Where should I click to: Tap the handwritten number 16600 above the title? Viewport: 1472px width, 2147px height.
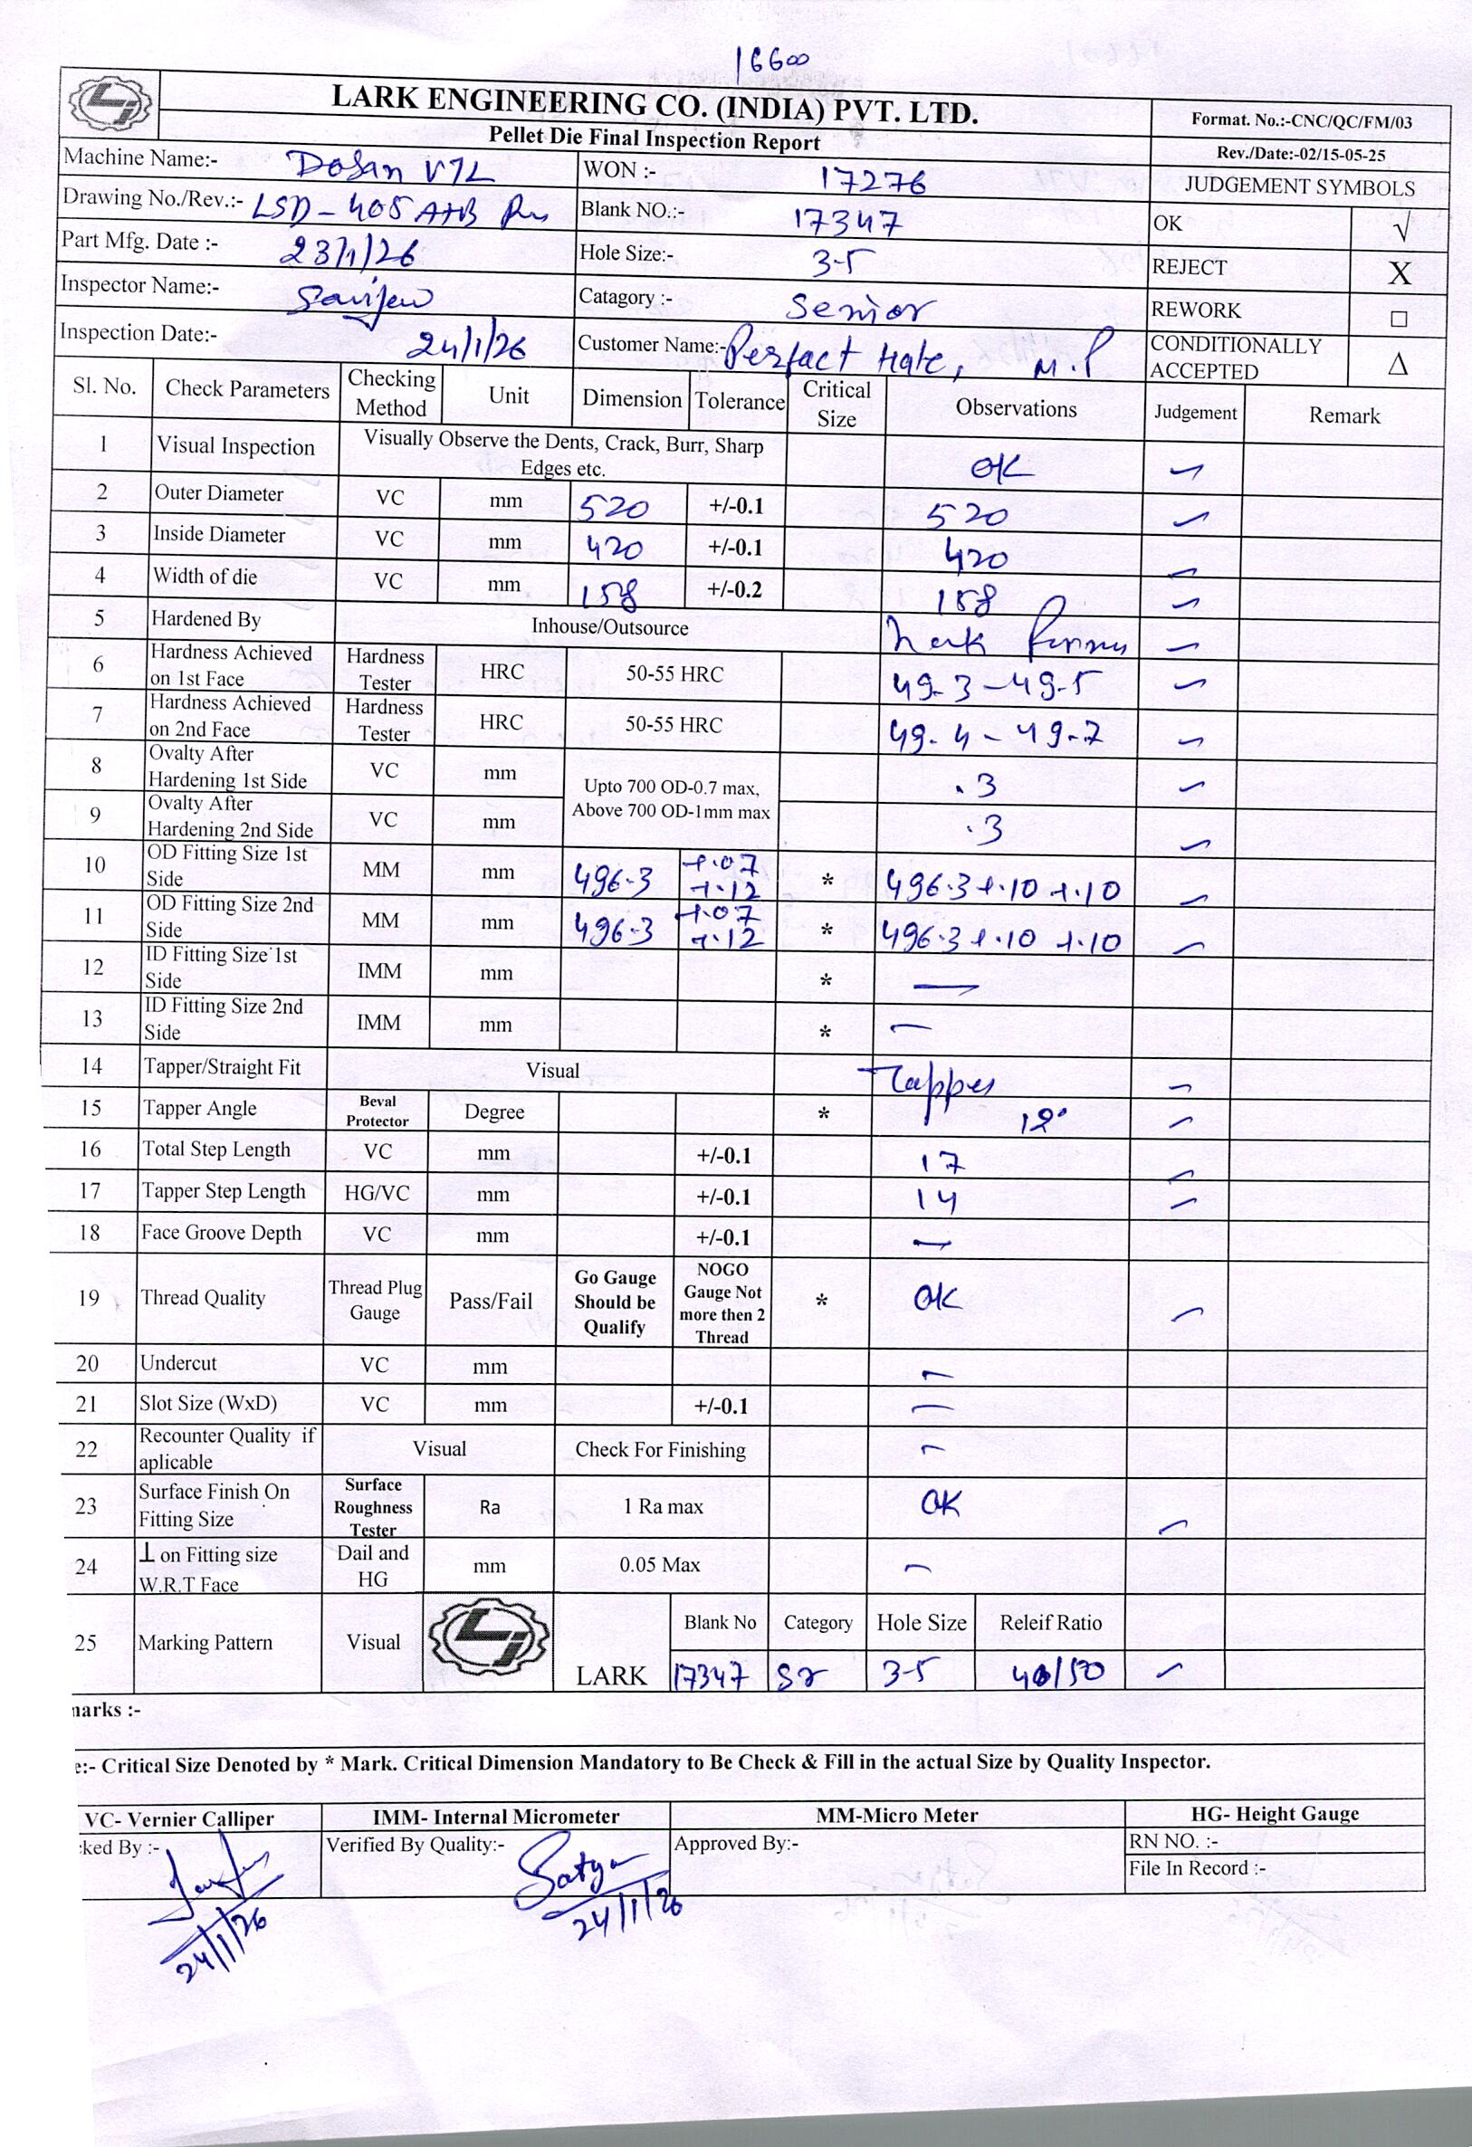(771, 62)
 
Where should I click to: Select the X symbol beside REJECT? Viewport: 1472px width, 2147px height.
(1399, 272)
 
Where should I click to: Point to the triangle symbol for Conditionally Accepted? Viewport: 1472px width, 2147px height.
(1397, 363)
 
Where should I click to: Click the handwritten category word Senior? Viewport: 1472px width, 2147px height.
(860, 308)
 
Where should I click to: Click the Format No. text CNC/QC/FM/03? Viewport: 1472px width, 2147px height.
(1301, 120)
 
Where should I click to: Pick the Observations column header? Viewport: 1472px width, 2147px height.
(1016, 408)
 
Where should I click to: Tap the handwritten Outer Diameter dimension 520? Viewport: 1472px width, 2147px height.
(614, 507)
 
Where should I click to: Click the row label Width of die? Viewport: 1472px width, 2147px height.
(206, 577)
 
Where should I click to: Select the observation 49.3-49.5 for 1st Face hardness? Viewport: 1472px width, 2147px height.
(995, 685)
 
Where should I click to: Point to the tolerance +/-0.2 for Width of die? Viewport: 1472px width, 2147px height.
(734, 589)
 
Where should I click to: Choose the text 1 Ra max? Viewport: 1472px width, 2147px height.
(663, 1507)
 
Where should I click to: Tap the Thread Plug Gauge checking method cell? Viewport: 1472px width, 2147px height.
(374, 1300)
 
